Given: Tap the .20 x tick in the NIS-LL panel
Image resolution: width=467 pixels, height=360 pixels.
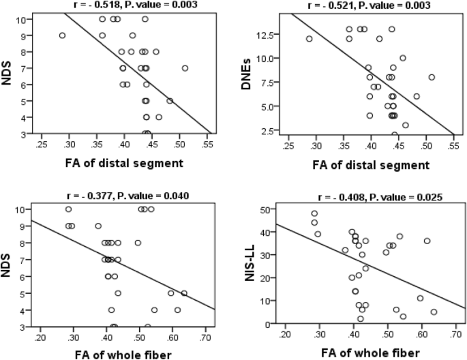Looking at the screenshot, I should coord(286,335).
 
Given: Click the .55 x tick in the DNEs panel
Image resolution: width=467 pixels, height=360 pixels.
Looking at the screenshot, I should coord(453,146).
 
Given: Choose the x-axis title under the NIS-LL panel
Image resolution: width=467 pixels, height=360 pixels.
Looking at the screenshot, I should coord(370,353).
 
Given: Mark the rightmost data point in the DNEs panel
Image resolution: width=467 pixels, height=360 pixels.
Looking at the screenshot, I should coord(432,77).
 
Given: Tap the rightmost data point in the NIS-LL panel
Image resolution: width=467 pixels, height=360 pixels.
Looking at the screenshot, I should coord(434,312).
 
